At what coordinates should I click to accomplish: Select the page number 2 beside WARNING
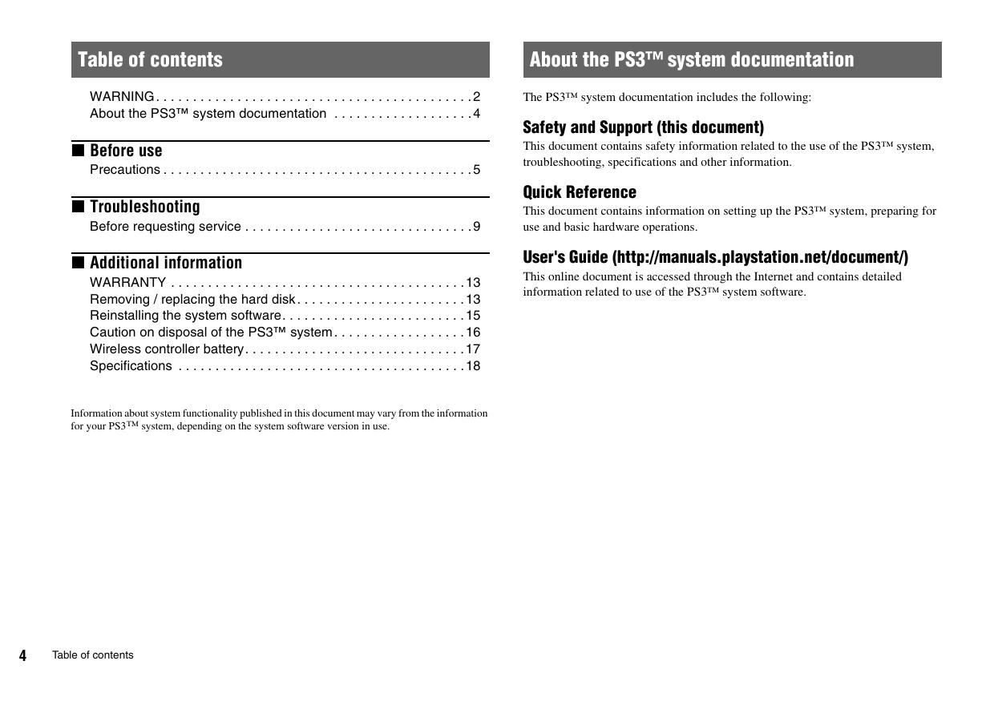(476, 97)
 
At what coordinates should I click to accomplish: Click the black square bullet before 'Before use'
(78, 150)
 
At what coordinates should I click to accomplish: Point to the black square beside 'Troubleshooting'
(78, 206)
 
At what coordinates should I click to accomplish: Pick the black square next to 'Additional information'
(78, 262)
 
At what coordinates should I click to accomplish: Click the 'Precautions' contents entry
(125, 170)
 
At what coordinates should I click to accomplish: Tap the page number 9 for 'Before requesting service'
(476, 227)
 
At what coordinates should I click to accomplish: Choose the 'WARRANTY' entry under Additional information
(128, 283)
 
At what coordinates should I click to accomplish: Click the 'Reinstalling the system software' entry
(185, 316)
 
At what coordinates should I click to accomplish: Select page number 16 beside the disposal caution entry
(473, 332)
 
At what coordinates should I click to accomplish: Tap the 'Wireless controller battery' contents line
(167, 349)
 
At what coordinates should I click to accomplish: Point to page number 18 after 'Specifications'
(473, 366)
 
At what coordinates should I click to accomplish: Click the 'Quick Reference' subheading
(580, 192)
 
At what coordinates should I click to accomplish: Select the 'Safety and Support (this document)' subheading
(643, 127)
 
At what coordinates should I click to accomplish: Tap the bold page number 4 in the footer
(22, 656)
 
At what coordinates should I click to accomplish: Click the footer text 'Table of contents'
(93, 655)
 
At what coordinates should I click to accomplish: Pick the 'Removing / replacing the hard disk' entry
(192, 300)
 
